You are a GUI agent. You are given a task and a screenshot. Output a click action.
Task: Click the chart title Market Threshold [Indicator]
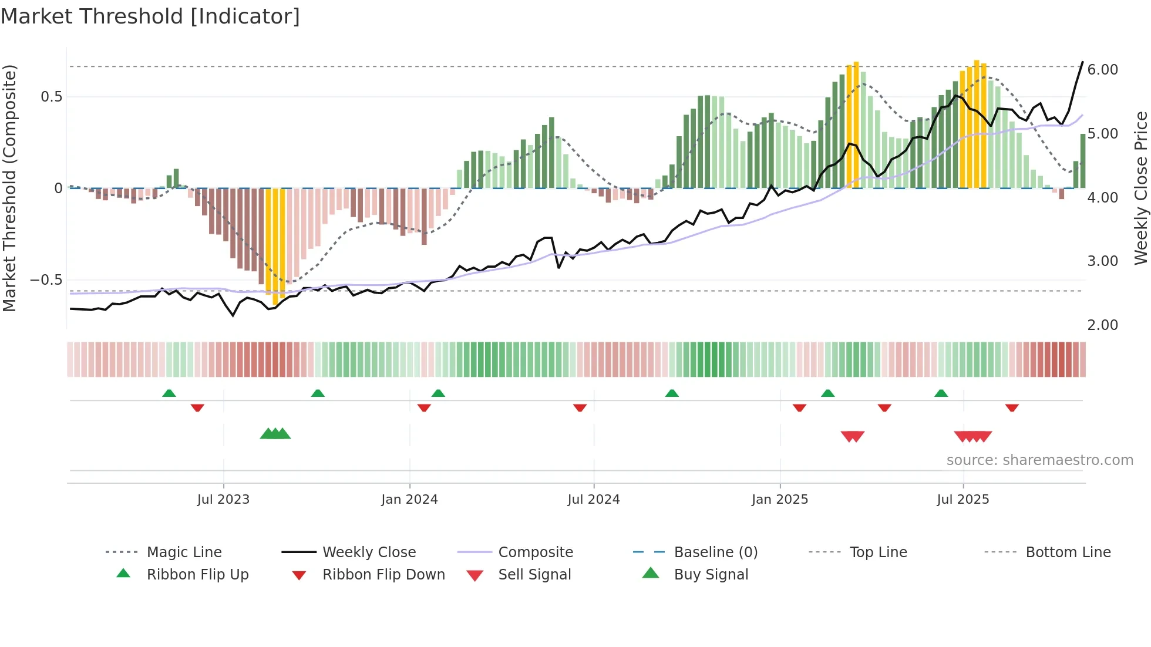[x=150, y=16]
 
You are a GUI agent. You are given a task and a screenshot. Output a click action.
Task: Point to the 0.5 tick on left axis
[x=51, y=97]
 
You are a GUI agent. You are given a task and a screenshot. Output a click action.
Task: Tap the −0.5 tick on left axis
[x=46, y=280]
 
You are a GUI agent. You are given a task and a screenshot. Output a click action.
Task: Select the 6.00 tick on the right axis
[x=1102, y=70]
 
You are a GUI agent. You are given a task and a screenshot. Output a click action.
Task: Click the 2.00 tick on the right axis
[x=1102, y=325]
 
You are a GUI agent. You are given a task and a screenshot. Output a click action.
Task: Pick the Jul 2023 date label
[x=223, y=500]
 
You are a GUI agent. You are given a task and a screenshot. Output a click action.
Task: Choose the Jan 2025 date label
[x=779, y=500]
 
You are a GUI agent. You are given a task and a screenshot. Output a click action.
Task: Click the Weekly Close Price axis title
[x=1140, y=188]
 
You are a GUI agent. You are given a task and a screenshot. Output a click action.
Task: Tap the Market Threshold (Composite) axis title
[x=9, y=188]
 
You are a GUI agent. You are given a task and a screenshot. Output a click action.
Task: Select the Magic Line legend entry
[x=184, y=552]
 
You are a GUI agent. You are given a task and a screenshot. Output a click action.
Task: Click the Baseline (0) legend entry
[x=715, y=552]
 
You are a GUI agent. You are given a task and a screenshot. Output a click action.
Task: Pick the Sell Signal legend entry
[x=534, y=575]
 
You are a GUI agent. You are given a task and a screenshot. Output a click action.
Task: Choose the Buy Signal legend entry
[x=711, y=575]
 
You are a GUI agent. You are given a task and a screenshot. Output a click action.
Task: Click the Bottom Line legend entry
[x=1068, y=552]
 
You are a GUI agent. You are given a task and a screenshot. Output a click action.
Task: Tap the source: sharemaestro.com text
[x=1039, y=460]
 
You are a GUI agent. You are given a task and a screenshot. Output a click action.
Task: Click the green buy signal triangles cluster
[x=275, y=434]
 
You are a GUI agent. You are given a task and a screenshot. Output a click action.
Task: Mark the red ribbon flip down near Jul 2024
[x=580, y=407]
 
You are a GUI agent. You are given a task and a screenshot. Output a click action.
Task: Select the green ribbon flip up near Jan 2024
[x=438, y=393]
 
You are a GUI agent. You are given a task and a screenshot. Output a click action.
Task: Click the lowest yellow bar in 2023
[x=275, y=247]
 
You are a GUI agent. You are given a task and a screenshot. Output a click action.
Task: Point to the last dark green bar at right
[x=1083, y=161]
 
